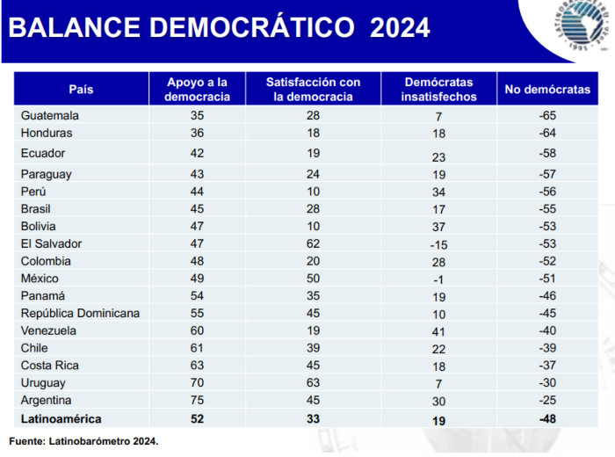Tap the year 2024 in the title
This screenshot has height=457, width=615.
400,28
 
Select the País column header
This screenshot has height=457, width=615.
81,89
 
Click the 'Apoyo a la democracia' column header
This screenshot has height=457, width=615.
198,89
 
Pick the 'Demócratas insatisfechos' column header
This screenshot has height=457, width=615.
438,89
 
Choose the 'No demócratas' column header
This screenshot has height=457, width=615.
548,89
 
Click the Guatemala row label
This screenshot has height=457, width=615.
50,115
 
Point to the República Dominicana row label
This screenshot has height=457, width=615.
79,313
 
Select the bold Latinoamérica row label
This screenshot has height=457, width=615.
61,420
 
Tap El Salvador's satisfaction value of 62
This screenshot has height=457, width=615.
313,243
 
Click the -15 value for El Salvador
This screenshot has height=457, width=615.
438,245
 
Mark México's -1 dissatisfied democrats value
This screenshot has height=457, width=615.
438,279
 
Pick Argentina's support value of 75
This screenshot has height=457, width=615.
198,401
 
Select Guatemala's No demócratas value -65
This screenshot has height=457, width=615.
548,115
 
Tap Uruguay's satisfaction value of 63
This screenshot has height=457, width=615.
313,383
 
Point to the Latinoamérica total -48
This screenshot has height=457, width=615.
548,420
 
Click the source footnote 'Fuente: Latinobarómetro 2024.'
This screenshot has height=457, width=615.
84,440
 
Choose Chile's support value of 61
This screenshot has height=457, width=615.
198,348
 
